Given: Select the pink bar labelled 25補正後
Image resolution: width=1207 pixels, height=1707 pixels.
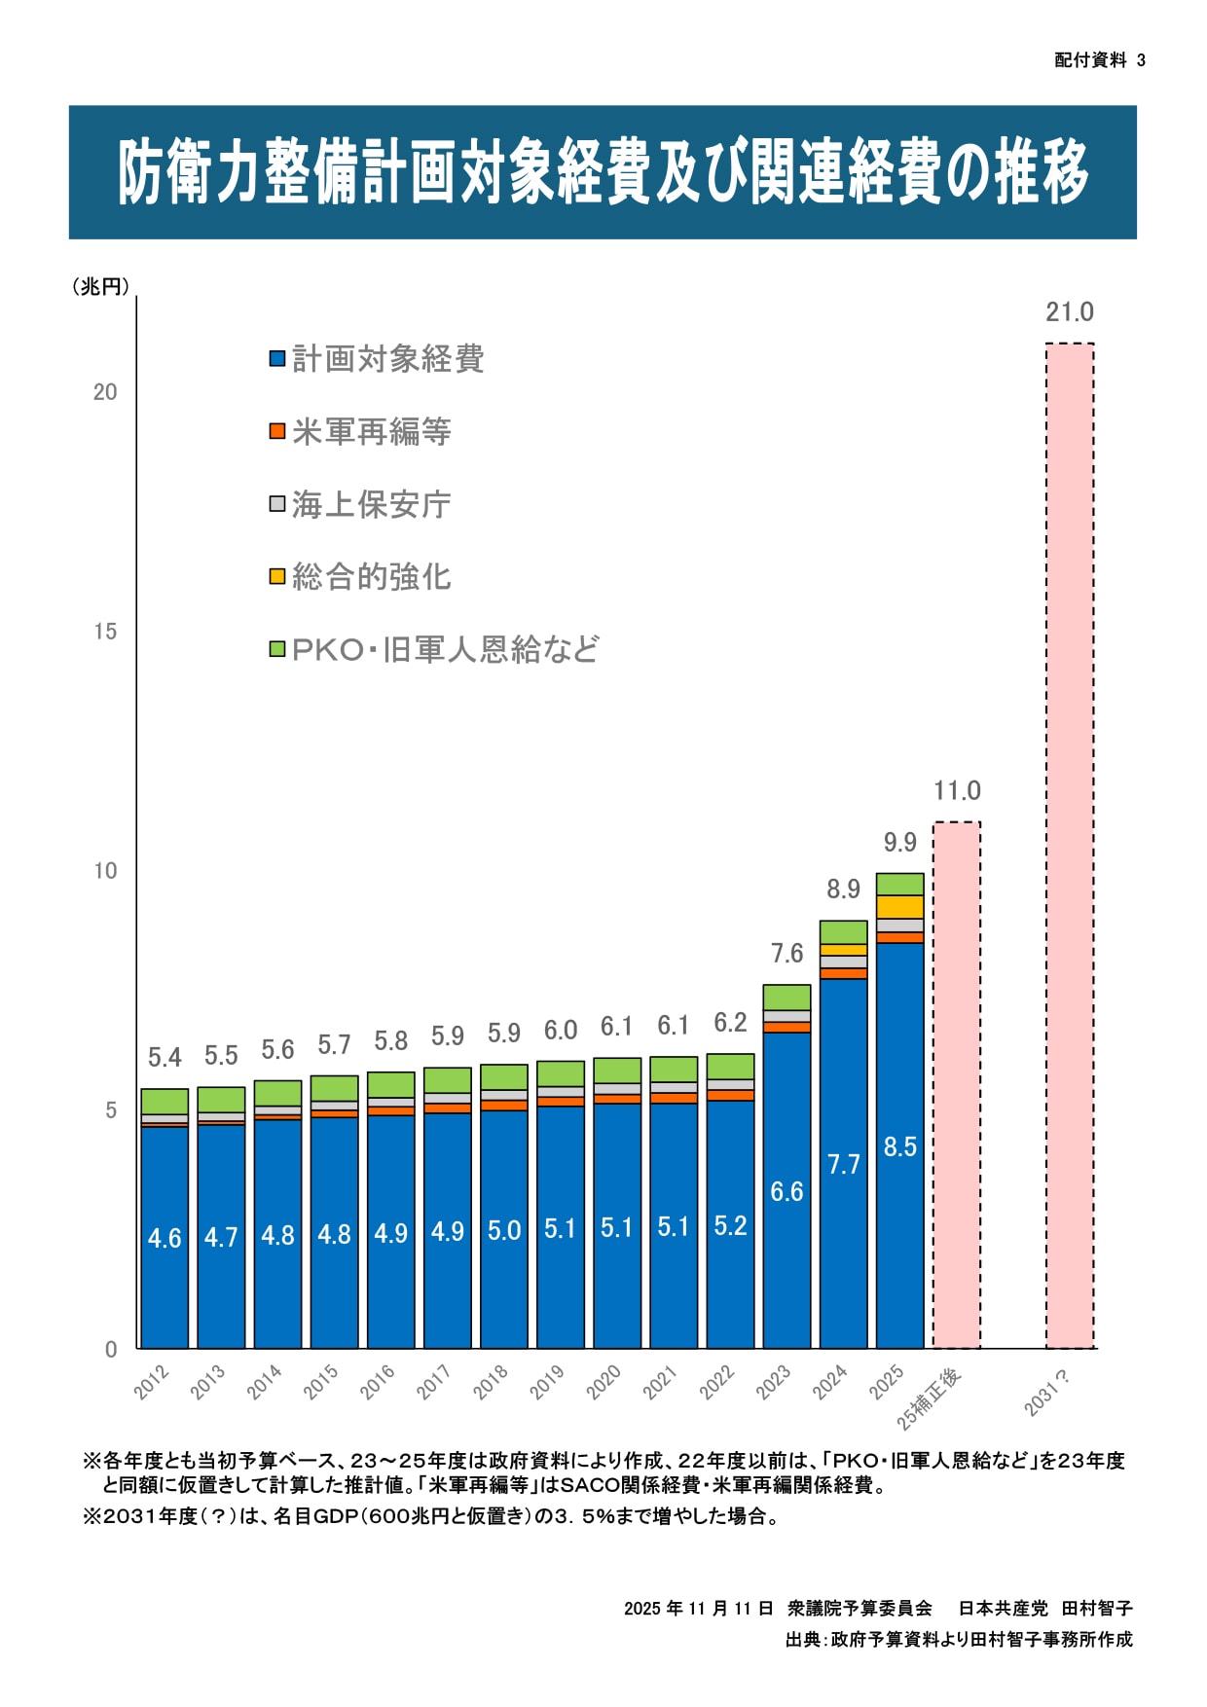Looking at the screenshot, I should tap(957, 1084).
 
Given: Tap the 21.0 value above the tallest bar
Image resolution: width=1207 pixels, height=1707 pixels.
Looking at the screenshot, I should tap(1070, 312).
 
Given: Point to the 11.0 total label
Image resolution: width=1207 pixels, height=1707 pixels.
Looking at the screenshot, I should tap(957, 791).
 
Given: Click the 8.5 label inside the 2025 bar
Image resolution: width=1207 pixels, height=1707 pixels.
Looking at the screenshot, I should tap(900, 1147).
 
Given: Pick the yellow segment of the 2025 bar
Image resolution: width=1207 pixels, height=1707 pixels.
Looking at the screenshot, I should tap(900, 907).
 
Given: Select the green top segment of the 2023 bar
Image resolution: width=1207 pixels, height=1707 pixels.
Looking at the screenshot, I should tap(786, 998).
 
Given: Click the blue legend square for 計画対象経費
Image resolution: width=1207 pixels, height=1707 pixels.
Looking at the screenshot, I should tap(277, 359).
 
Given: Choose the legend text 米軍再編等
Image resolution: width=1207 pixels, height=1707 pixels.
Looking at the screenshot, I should tap(372, 431).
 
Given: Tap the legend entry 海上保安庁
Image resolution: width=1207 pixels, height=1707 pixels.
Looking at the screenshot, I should tap(372, 504).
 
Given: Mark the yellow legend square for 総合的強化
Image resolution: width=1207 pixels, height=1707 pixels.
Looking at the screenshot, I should tap(277, 576).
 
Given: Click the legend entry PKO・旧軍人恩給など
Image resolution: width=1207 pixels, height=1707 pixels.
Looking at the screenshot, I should tap(445, 649).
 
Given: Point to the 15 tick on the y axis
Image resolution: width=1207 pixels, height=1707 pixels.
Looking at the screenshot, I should tap(105, 632).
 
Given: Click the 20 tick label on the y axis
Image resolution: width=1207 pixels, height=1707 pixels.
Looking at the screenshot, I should tap(105, 392).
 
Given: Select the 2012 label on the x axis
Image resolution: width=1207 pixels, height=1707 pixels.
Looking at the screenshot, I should tap(153, 1382).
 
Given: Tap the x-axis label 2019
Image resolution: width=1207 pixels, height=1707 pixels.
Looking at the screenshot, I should tap(548, 1382).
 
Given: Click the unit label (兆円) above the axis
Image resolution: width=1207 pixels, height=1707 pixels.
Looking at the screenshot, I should tap(100, 287).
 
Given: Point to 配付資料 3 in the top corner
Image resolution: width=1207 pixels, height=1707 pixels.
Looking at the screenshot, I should tap(1100, 60).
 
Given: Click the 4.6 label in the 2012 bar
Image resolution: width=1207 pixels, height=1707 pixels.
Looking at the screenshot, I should tap(165, 1239).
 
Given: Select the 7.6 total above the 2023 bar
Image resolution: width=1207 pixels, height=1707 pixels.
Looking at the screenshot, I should tap(786, 954).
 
